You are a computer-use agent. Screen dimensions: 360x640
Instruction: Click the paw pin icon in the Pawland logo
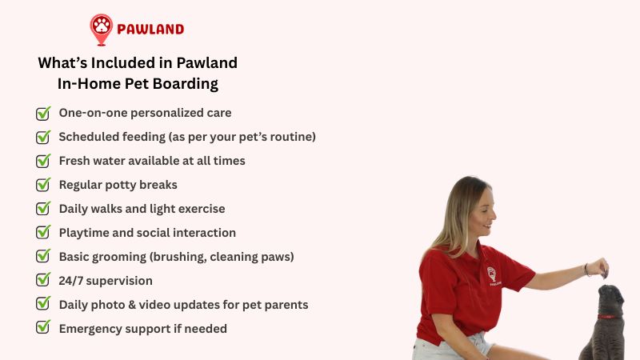[102, 28]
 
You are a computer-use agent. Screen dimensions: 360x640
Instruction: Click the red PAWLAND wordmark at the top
[150, 30]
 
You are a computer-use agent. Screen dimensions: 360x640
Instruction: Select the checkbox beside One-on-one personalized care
[43, 113]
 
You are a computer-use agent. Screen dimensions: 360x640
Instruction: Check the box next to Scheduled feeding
[43, 137]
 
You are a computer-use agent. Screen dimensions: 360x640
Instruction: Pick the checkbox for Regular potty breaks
[43, 185]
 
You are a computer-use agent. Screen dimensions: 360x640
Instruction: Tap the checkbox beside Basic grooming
[43, 257]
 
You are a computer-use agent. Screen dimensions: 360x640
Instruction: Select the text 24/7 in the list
[72, 281]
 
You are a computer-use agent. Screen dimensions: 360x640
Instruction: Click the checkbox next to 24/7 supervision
[43, 281]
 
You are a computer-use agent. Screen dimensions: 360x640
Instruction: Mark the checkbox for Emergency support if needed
[43, 327]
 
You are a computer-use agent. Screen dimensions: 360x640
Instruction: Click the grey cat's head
[612, 301]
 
